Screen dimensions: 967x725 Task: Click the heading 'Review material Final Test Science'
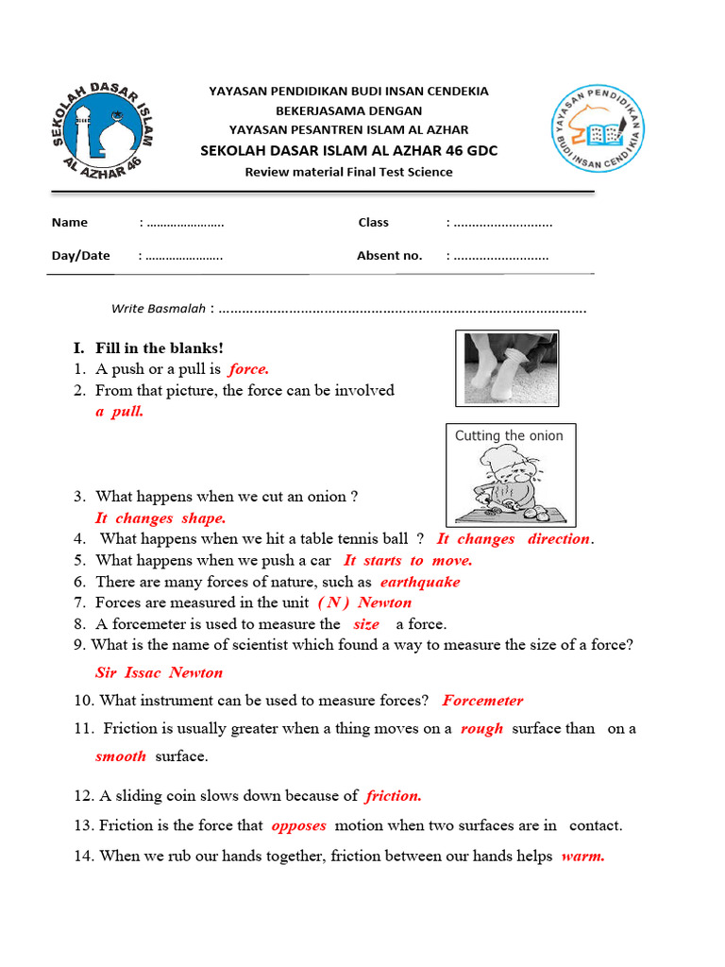348,172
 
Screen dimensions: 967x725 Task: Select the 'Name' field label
70,223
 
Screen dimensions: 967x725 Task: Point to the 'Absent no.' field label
389,256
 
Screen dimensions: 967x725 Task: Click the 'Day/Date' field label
81,256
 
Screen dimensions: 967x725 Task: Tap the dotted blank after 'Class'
502,224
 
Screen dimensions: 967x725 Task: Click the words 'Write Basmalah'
158,308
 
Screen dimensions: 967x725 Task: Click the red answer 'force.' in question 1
248,369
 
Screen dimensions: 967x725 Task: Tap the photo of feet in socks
507,367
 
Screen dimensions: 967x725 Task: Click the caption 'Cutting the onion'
509,436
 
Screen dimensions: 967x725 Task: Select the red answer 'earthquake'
420,582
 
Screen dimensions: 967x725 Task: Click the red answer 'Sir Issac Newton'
159,672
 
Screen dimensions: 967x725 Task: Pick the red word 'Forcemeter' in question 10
482,701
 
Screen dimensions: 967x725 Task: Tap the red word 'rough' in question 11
481,729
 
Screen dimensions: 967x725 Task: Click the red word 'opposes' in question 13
298,825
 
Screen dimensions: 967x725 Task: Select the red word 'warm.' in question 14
582,857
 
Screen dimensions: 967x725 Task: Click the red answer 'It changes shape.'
160,518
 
